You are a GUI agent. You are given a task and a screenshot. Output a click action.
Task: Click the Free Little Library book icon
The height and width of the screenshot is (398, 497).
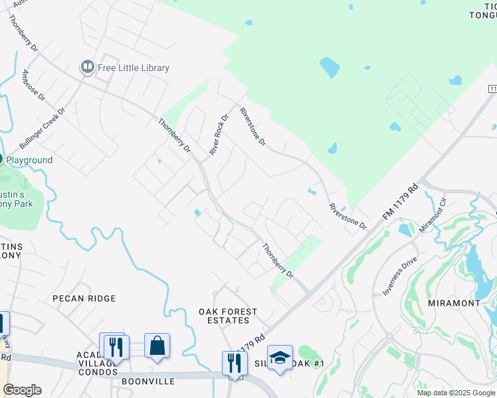[x=87, y=67]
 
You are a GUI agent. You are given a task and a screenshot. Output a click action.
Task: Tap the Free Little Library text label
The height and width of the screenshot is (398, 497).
[x=134, y=68]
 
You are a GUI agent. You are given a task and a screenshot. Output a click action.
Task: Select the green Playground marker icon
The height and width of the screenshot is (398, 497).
[x=1, y=160]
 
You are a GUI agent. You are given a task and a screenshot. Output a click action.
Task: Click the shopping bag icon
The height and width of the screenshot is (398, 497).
[x=157, y=346]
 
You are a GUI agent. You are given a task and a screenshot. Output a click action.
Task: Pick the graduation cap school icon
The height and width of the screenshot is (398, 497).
[x=280, y=358]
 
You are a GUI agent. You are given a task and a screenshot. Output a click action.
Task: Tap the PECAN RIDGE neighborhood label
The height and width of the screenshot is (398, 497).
[x=84, y=298]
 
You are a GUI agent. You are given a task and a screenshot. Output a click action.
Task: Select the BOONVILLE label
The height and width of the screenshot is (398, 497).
[x=148, y=382]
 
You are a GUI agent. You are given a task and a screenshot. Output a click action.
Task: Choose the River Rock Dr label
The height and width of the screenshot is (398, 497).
[x=219, y=135]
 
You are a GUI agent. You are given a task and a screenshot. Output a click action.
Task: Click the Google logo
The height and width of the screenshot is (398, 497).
[x=22, y=390]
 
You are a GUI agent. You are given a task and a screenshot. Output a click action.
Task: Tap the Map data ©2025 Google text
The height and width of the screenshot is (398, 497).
[x=456, y=393]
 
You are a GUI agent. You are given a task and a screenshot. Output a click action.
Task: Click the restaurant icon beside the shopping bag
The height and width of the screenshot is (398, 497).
[x=116, y=346]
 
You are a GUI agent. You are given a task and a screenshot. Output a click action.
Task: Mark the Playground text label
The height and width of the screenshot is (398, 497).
[x=30, y=161]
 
